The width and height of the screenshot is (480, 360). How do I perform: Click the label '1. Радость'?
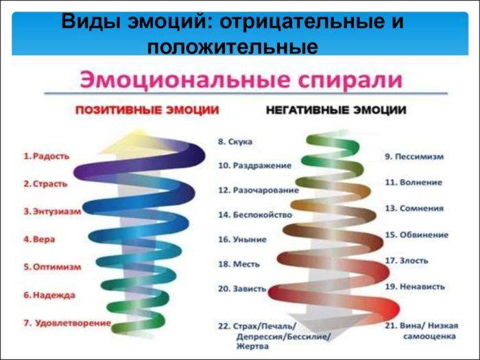click(47, 156)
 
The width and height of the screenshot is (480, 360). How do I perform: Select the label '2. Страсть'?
click(45, 184)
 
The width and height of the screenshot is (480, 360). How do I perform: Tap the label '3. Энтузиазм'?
click(52, 211)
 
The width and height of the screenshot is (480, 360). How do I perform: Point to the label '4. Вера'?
click(39, 239)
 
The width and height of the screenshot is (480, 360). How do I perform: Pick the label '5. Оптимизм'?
click(52, 267)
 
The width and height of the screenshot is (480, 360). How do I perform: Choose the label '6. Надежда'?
click(49, 295)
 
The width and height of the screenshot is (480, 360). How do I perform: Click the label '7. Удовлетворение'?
click(67, 323)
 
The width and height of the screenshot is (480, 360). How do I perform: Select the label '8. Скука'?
click(235, 142)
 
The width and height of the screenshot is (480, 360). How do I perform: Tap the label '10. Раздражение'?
click(254, 166)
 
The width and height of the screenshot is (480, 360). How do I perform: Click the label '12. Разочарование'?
click(259, 190)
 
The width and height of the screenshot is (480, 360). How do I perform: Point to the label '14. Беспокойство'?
click(255, 215)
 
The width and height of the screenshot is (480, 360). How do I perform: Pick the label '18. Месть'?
click(239, 264)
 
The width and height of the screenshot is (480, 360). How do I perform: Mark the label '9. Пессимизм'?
click(414, 157)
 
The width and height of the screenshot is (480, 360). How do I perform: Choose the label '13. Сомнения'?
click(414, 208)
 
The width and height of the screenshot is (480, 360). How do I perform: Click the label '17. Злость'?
click(407, 261)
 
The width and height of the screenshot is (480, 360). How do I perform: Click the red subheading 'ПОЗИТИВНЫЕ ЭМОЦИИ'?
click(147, 110)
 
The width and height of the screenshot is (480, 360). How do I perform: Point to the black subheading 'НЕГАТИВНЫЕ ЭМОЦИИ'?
click(336, 110)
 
